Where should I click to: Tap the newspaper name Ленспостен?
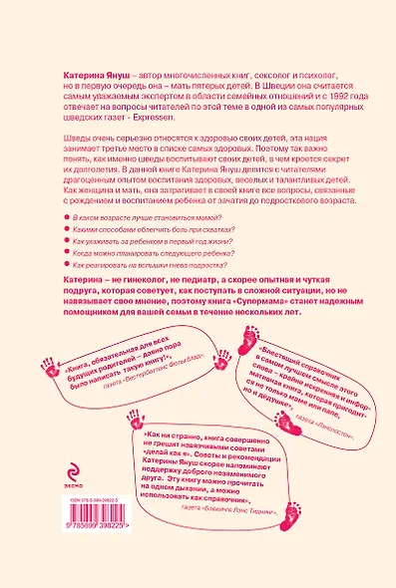[333, 428]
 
